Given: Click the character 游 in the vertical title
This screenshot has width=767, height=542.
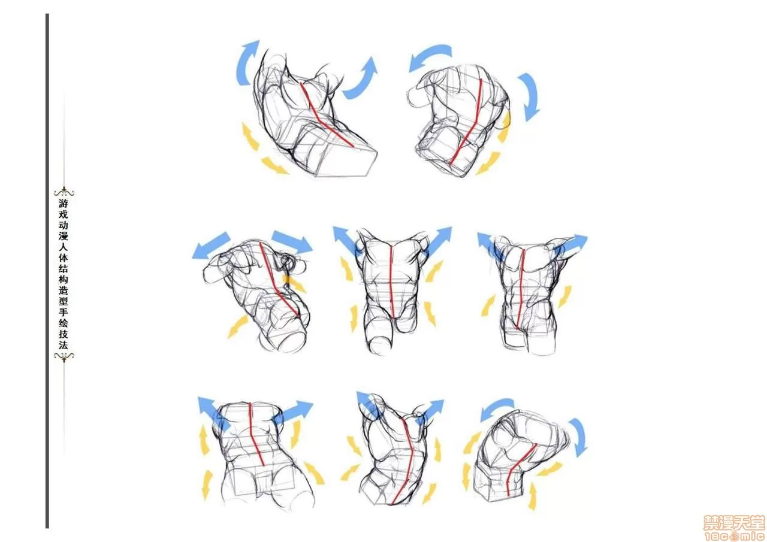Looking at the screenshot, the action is [x=64, y=203].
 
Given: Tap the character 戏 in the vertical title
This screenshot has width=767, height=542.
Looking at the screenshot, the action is [x=64, y=214].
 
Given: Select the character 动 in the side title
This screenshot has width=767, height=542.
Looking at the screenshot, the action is [x=64, y=225].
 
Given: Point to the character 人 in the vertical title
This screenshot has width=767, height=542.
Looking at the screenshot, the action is [x=64, y=247].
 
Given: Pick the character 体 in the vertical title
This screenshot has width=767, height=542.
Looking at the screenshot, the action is [x=64, y=258].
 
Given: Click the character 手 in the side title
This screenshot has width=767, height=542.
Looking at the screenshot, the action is [x=64, y=313].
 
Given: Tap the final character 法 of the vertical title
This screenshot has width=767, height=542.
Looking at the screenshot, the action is [x=64, y=345].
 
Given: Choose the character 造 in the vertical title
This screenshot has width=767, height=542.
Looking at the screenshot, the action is [x=64, y=290].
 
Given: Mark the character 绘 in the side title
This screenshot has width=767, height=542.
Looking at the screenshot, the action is [x=64, y=323].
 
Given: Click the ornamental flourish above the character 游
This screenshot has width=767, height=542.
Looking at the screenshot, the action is [x=64, y=192].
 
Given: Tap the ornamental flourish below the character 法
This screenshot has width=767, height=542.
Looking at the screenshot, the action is [x=64, y=357].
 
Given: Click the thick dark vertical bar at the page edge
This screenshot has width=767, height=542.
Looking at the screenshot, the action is [x=47, y=271].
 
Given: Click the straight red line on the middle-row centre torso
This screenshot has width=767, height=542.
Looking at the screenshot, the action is [x=392, y=281].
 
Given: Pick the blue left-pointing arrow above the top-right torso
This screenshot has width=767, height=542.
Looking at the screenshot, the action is [x=430, y=56].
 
